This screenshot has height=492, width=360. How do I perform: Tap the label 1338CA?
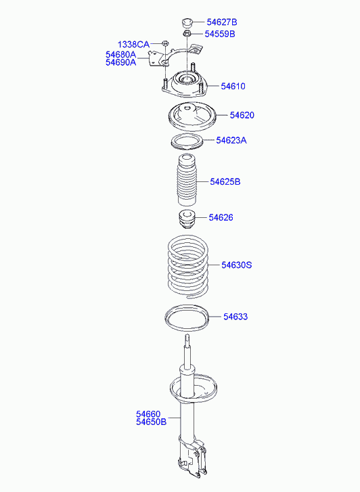click(x=134, y=45)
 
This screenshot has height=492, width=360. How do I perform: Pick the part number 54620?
click(x=242, y=116)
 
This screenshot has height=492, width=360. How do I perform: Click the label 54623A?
click(x=231, y=141)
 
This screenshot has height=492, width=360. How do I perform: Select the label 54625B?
click(x=225, y=182)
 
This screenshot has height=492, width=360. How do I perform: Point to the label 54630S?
click(x=236, y=265)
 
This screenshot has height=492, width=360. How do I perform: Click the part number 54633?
click(x=236, y=317)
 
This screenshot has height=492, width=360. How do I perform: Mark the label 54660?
click(x=148, y=413)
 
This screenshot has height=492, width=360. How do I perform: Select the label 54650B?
click(x=151, y=422)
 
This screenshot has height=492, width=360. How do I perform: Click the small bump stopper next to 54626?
click(x=185, y=220)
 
